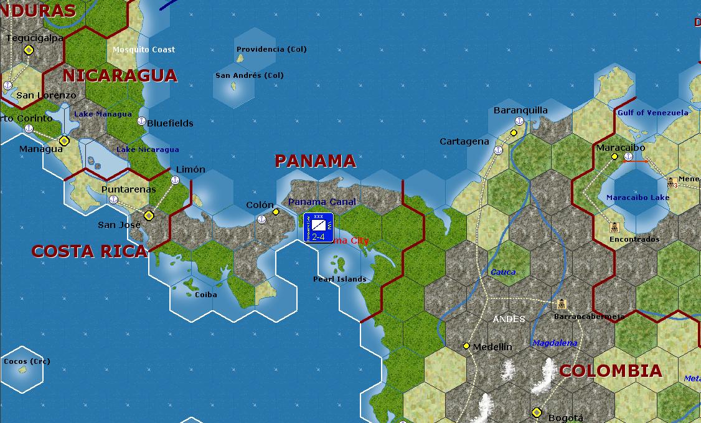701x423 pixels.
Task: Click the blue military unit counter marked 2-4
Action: [x=318, y=227]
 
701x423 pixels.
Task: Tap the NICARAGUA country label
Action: [x=120, y=76]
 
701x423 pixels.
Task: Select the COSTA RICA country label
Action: [x=89, y=251]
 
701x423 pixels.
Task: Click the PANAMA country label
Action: [x=315, y=161]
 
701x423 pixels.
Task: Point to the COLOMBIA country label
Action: [x=610, y=371]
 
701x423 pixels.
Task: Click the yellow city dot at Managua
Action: [x=64, y=141]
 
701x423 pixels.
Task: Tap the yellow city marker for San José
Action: [x=148, y=216]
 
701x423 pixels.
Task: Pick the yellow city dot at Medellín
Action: [x=466, y=346]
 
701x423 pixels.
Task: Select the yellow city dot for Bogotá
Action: [x=537, y=412]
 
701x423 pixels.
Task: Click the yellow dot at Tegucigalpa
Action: [x=28, y=50]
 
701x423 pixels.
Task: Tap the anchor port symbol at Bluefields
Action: [x=141, y=121]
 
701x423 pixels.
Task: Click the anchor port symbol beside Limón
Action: [x=175, y=180]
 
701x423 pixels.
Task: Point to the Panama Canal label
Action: [x=322, y=202]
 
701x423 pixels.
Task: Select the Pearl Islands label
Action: [x=339, y=279]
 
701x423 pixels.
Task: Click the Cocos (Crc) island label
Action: [x=27, y=361]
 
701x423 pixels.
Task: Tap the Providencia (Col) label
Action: [x=271, y=49]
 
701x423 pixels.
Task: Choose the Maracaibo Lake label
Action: [x=638, y=197]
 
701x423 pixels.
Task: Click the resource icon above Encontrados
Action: [x=614, y=227]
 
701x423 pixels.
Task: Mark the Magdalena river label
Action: [x=555, y=343]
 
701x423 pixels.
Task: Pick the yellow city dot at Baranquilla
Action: [x=514, y=133]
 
